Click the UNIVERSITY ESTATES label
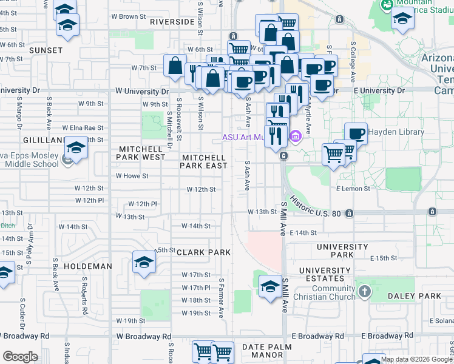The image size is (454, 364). click(325, 274)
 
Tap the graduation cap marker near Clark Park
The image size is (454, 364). click(144, 262)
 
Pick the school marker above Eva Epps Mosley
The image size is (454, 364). click(76, 147)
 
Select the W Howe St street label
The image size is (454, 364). click(132, 176)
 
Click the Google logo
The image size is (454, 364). click(21, 357)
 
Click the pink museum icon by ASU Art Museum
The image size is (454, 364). click(296, 136)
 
